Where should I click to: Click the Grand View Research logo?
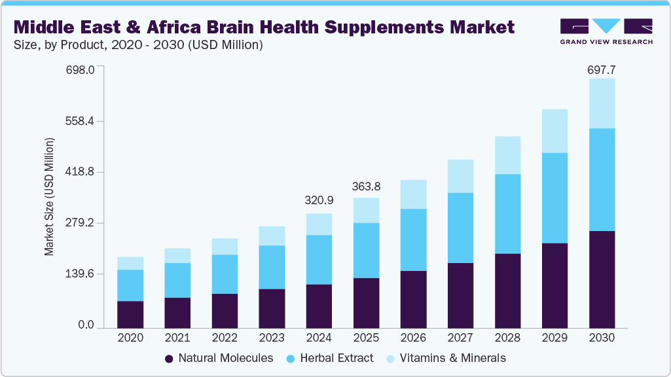tap(606, 31)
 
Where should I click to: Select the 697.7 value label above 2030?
tap(602, 69)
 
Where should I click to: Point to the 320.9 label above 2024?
tap(319, 200)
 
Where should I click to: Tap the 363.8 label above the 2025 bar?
tap(366, 186)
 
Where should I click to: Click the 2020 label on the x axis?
tap(130, 338)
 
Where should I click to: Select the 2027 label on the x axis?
tap(460, 338)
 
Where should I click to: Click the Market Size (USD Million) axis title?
tap(50, 196)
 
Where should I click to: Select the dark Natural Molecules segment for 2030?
tap(602, 279)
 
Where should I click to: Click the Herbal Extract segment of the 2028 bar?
tap(507, 213)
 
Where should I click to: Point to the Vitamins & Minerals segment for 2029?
tap(554, 131)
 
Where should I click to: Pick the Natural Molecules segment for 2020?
tap(130, 314)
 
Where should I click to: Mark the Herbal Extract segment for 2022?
tap(225, 274)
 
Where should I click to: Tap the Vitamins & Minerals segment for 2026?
tap(413, 194)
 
